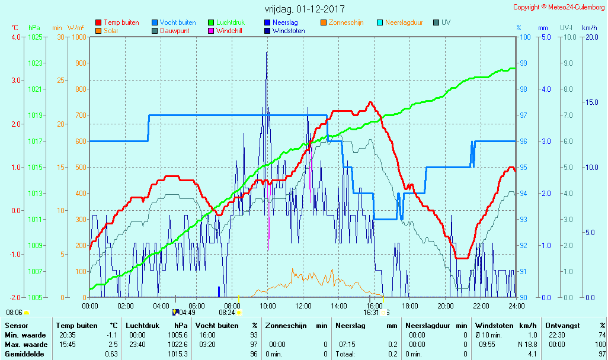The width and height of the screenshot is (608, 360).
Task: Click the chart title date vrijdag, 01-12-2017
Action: (x=304, y=9)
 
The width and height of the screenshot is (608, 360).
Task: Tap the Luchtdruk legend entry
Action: (x=231, y=22)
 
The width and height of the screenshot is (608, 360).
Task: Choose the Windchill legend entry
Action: (x=228, y=31)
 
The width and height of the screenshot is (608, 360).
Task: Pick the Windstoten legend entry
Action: (x=289, y=31)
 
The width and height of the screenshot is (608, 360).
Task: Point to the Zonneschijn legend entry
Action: (x=347, y=22)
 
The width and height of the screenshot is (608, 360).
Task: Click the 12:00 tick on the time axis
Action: (x=303, y=306)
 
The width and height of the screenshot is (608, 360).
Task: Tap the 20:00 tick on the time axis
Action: (x=446, y=306)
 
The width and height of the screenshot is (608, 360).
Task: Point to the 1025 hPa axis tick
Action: (x=35, y=37)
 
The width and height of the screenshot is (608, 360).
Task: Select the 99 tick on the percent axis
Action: (x=524, y=63)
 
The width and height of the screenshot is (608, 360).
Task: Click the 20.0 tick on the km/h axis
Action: (x=590, y=37)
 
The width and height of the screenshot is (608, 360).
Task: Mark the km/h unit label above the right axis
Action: (x=589, y=28)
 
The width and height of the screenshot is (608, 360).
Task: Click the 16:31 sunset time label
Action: (x=372, y=313)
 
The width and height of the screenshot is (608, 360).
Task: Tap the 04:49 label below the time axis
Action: (x=187, y=313)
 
